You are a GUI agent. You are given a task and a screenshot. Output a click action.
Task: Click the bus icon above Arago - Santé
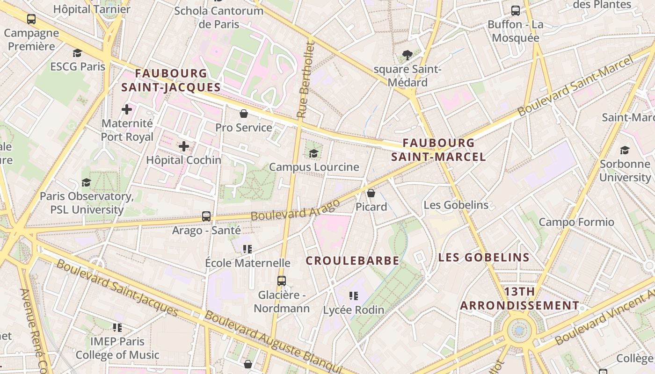(x=206, y=216)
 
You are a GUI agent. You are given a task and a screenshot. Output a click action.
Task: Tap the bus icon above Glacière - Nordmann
(x=281, y=280)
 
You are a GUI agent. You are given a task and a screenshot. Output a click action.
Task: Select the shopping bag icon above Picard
(x=371, y=193)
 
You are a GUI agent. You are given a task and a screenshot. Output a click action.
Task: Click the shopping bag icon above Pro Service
(x=244, y=113)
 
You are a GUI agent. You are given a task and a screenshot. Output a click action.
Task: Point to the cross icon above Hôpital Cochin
(x=184, y=146)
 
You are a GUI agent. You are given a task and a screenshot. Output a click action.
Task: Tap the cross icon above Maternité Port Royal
(x=127, y=110)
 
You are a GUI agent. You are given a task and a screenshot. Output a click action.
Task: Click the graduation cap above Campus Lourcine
(x=313, y=153)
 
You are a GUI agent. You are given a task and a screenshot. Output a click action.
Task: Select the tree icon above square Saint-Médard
(x=408, y=55)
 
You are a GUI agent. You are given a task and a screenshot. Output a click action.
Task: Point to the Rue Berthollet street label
(x=305, y=79)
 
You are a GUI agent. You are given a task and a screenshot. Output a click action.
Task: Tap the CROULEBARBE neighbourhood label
(x=352, y=261)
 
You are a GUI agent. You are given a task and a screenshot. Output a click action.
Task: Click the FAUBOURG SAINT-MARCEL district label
(x=438, y=150)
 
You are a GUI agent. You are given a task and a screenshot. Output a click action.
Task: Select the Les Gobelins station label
(x=456, y=205)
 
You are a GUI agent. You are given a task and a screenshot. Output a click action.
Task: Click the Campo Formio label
(x=576, y=222)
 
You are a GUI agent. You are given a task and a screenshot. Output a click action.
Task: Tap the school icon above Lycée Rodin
(x=354, y=295)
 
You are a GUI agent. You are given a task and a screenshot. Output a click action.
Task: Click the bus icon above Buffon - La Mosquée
(x=515, y=10)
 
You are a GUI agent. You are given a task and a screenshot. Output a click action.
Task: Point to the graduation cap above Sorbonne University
(x=625, y=150)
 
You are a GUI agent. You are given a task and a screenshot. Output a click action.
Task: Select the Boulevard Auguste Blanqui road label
(x=276, y=342)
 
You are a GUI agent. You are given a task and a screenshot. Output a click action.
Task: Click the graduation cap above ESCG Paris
(x=78, y=53)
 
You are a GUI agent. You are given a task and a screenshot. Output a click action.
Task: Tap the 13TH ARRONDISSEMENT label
(x=519, y=299)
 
